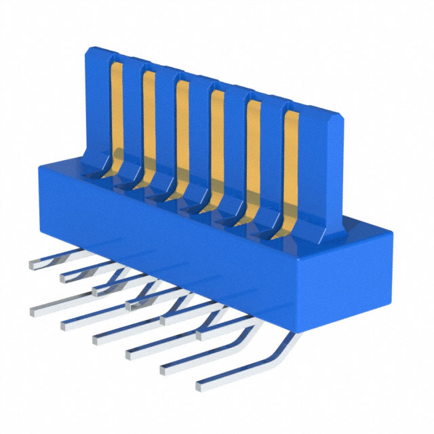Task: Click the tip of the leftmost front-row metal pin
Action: [x=34, y=311]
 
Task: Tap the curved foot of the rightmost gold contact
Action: [x=279, y=227]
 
